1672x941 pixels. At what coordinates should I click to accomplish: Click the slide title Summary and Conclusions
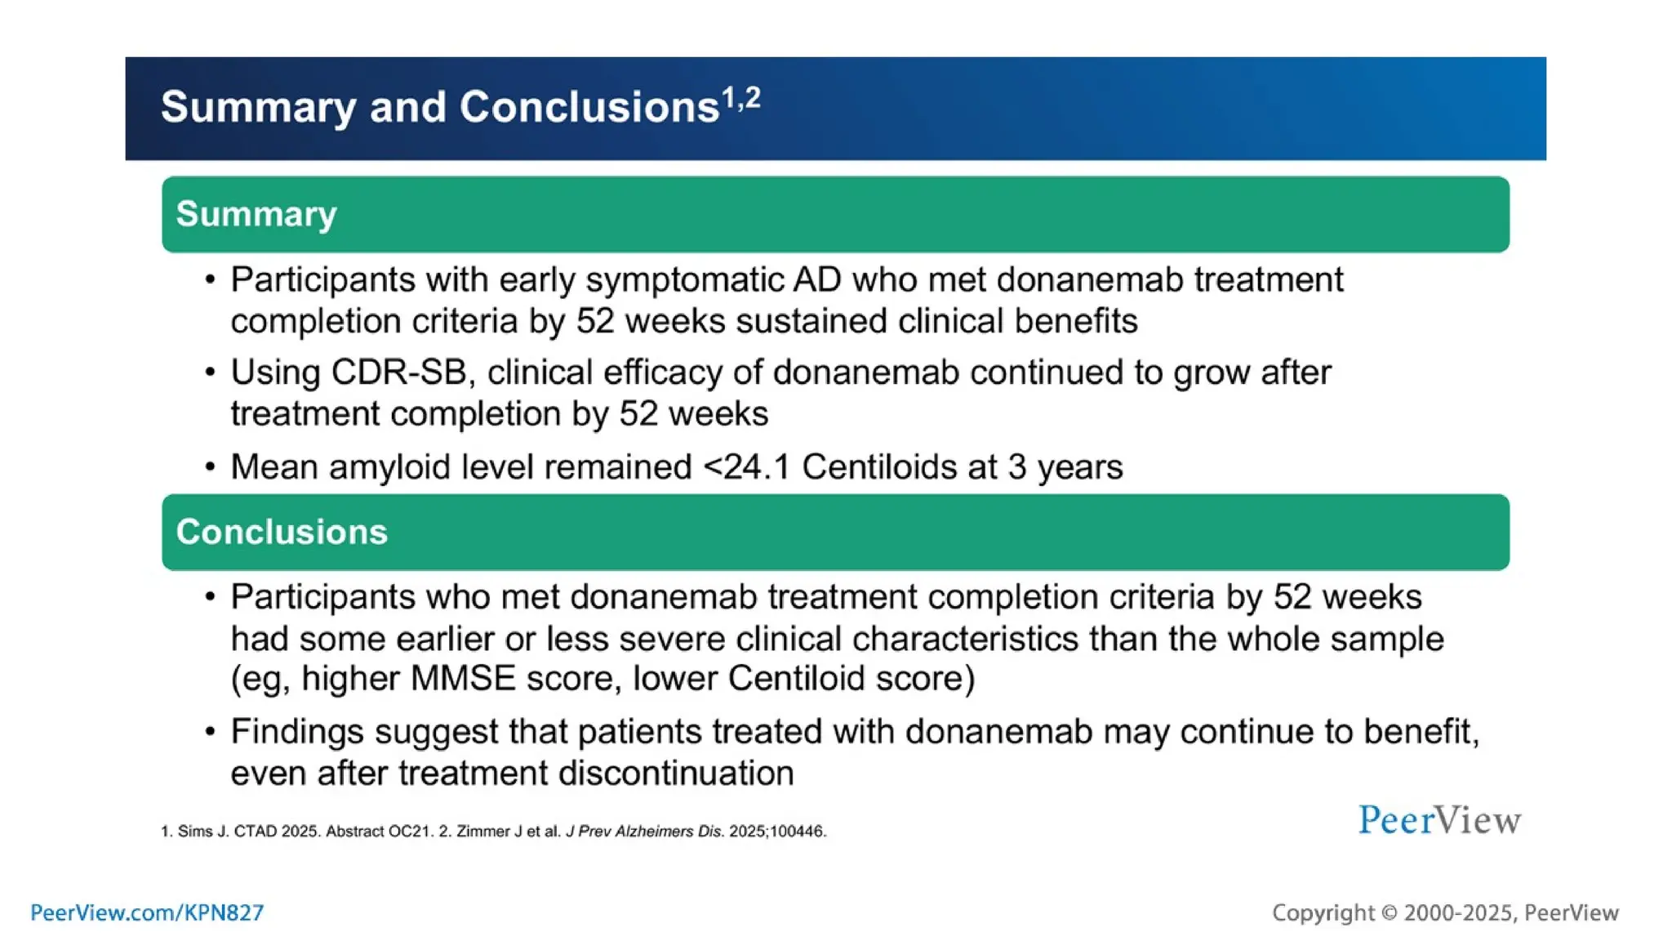click(x=439, y=107)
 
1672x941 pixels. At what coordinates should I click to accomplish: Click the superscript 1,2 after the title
click(x=741, y=99)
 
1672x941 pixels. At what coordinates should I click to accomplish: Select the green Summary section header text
click(x=256, y=214)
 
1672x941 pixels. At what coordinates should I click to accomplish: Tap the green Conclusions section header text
click(x=282, y=532)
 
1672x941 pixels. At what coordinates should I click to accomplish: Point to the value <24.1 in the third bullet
click(x=746, y=467)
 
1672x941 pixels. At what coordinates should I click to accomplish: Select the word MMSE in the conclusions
click(x=463, y=679)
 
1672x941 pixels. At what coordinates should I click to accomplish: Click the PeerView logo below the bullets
click(x=1439, y=819)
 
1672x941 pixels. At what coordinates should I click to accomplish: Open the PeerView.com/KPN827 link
click(x=147, y=912)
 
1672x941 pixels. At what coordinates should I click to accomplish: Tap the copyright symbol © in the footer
click(x=1389, y=913)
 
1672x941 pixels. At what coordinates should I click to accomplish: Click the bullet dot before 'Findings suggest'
click(x=211, y=731)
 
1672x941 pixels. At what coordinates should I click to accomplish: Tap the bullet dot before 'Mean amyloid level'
click(x=211, y=467)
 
